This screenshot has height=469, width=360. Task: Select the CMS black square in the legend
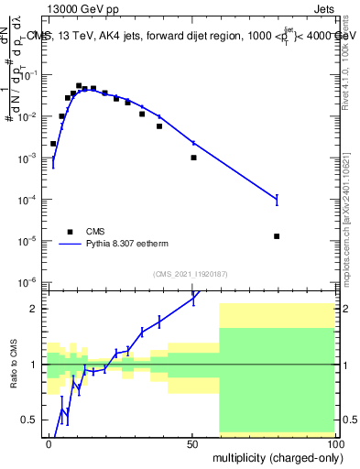(69, 232)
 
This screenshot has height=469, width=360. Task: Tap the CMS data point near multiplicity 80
(277, 236)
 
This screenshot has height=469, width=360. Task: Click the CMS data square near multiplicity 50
(193, 158)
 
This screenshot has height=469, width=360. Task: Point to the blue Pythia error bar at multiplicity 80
(277, 199)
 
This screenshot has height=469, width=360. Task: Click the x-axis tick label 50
(191, 442)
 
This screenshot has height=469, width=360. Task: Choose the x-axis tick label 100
(334, 442)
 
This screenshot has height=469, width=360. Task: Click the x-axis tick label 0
(49, 442)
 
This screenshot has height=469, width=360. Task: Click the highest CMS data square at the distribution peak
(79, 86)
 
